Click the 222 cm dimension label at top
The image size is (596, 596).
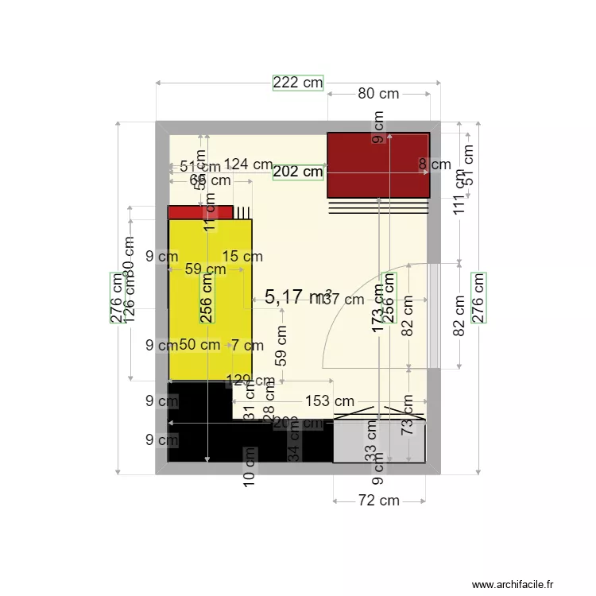pos(298,83)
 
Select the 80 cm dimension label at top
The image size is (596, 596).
pos(377,93)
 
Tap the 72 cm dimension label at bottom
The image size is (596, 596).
pos(378,501)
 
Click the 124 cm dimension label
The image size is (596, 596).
pos(248,164)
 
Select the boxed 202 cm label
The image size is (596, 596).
pos(298,172)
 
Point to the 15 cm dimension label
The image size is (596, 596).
pos(242,256)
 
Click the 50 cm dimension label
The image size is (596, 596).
pos(199,345)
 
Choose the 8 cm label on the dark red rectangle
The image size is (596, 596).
pos(435,165)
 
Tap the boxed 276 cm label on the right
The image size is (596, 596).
pos(478,297)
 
